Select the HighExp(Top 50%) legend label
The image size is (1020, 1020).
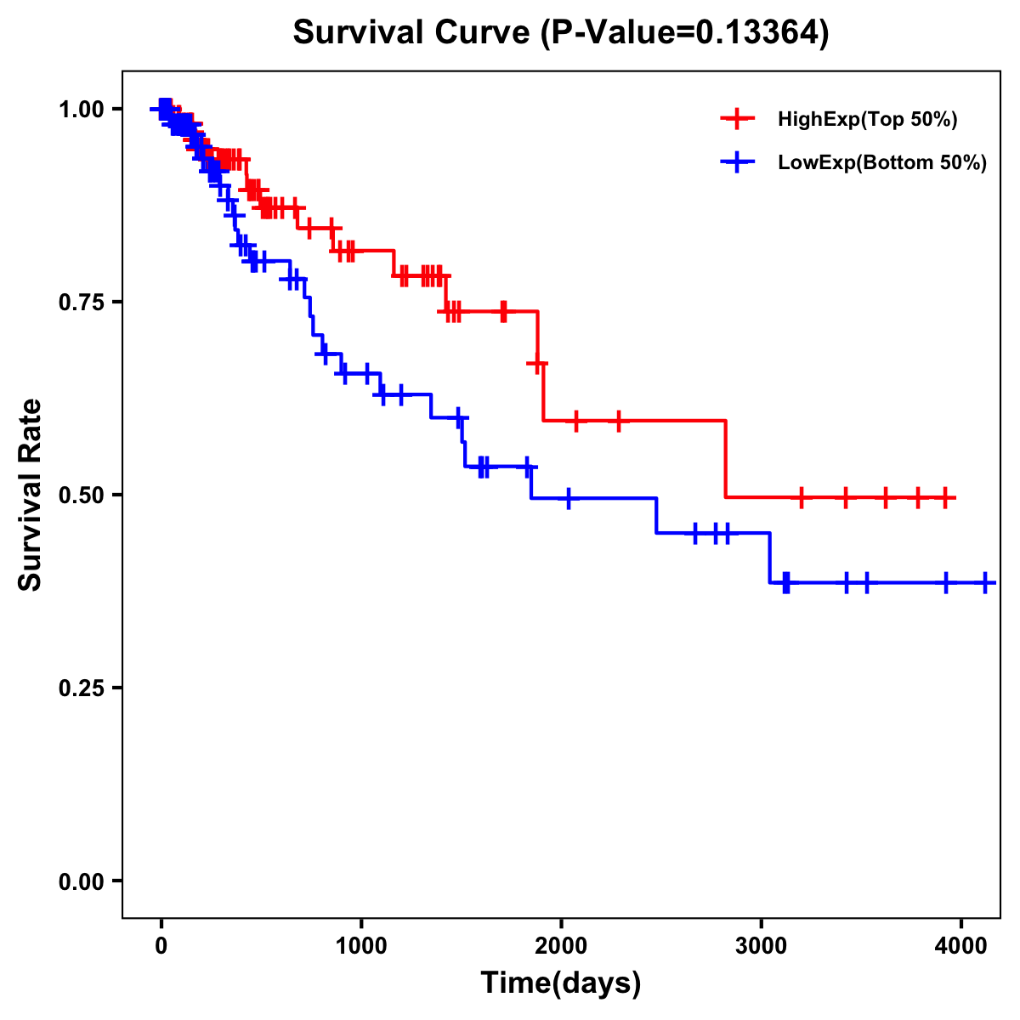pos(868,120)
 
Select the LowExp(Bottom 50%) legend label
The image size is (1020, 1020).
pos(882,163)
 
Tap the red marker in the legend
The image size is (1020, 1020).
pos(737,119)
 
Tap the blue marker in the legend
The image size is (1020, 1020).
pos(737,162)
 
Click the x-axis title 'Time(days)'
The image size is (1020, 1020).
pos(561,983)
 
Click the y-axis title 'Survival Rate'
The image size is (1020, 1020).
pos(31,494)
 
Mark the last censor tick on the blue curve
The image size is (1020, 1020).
pos(985,582)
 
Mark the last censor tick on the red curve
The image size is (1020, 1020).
pos(945,497)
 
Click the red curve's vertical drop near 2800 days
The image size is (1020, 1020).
pos(725,459)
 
